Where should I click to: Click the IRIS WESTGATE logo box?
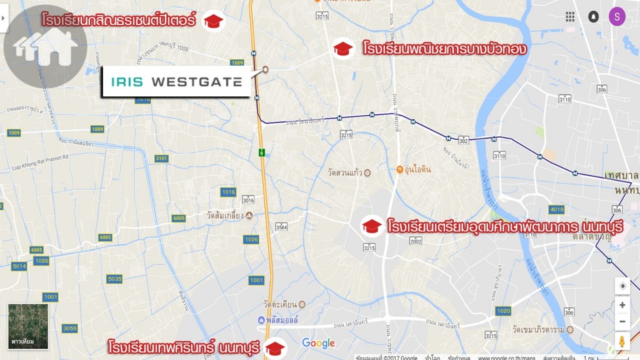(x=176, y=81)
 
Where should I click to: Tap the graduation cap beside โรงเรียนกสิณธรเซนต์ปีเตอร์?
(x=213, y=21)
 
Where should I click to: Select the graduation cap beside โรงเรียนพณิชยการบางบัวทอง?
(x=342, y=48)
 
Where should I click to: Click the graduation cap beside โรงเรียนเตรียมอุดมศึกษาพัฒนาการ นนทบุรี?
(x=372, y=226)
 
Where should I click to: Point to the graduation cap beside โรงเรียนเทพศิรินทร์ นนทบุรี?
(x=274, y=347)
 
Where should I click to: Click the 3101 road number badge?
(x=161, y=159)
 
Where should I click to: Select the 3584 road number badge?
(x=282, y=226)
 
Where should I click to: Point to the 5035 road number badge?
(x=114, y=279)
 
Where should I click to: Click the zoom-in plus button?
(x=622, y=305)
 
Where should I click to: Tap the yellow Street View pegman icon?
(x=622, y=342)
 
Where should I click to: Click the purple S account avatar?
(x=617, y=17)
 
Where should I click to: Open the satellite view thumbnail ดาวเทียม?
(x=28, y=326)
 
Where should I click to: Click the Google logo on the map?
(x=319, y=343)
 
